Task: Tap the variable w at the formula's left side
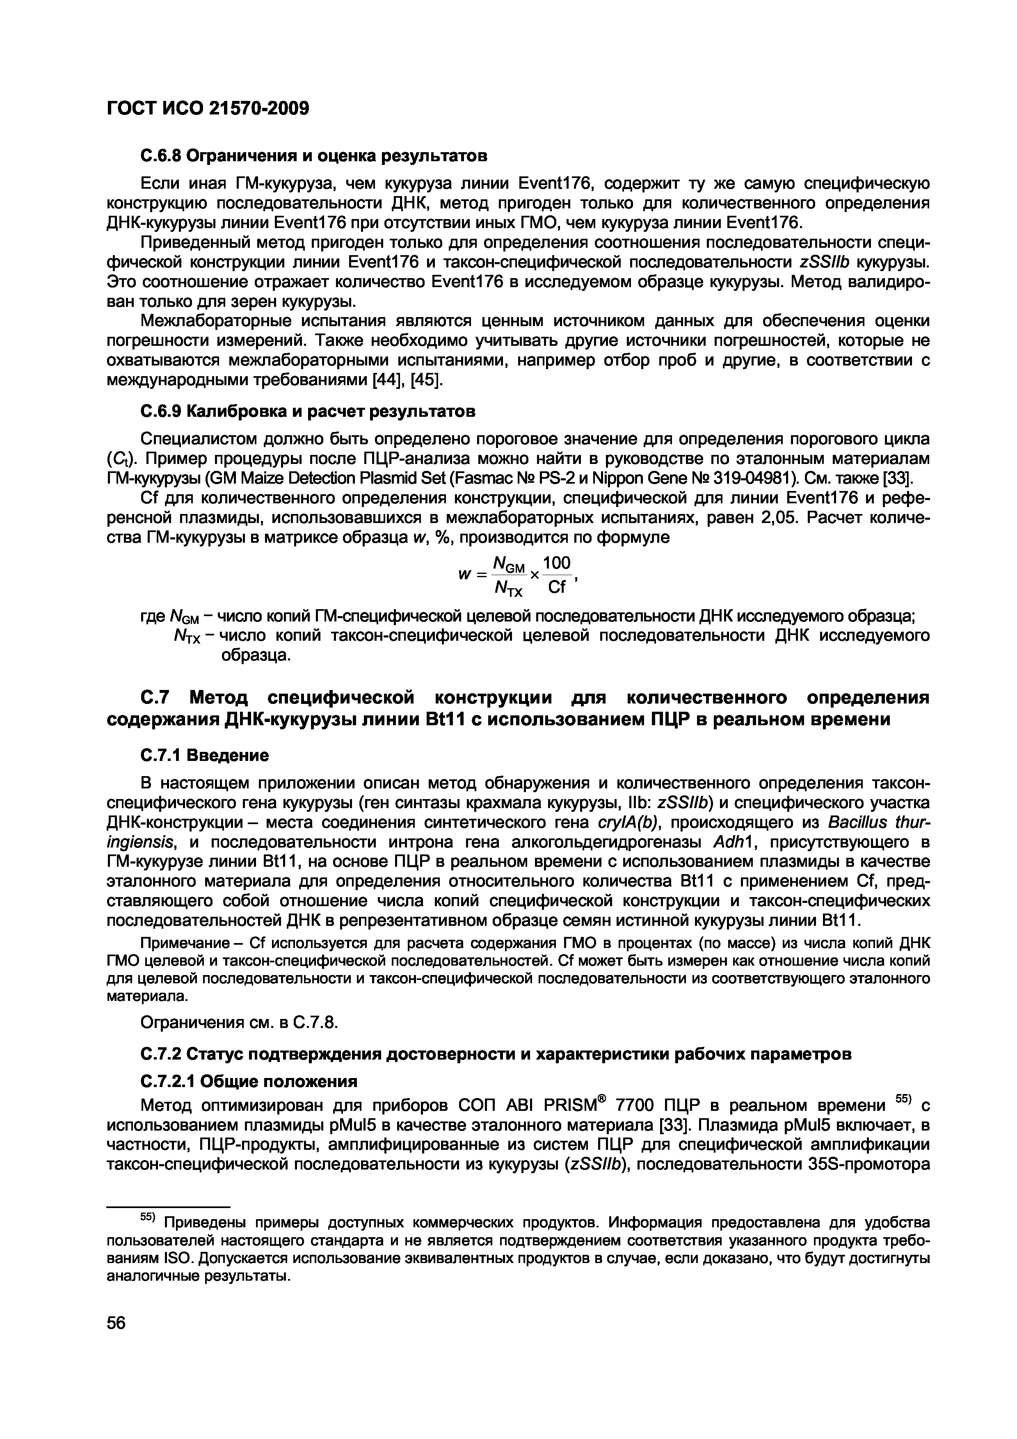[x=464, y=575]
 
